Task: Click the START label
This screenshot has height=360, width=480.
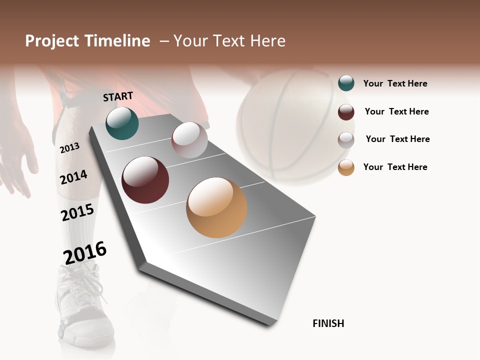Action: tap(118, 96)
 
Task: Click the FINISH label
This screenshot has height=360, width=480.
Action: tap(328, 323)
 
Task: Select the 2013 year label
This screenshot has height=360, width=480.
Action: tap(69, 148)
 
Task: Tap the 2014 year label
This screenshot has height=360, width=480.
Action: tap(73, 177)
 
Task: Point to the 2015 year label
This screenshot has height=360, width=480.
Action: tap(77, 212)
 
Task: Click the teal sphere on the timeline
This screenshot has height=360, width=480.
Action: tap(122, 123)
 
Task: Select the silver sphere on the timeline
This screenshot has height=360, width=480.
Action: tap(189, 140)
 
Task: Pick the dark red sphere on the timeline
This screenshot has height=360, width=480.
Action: tap(145, 180)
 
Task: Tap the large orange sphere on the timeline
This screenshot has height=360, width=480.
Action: tap(216, 207)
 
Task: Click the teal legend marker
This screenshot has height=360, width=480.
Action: tap(346, 83)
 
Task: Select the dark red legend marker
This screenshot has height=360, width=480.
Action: tap(346, 112)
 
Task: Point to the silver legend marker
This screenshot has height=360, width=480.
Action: tap(346, 139)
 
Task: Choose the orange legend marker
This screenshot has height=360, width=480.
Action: tap(346, 167)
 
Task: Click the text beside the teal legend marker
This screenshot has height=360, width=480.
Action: tap(395, 84)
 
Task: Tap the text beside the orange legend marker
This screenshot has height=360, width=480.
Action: tap(395, 167)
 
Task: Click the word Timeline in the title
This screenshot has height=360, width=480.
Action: tap(117, 41)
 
